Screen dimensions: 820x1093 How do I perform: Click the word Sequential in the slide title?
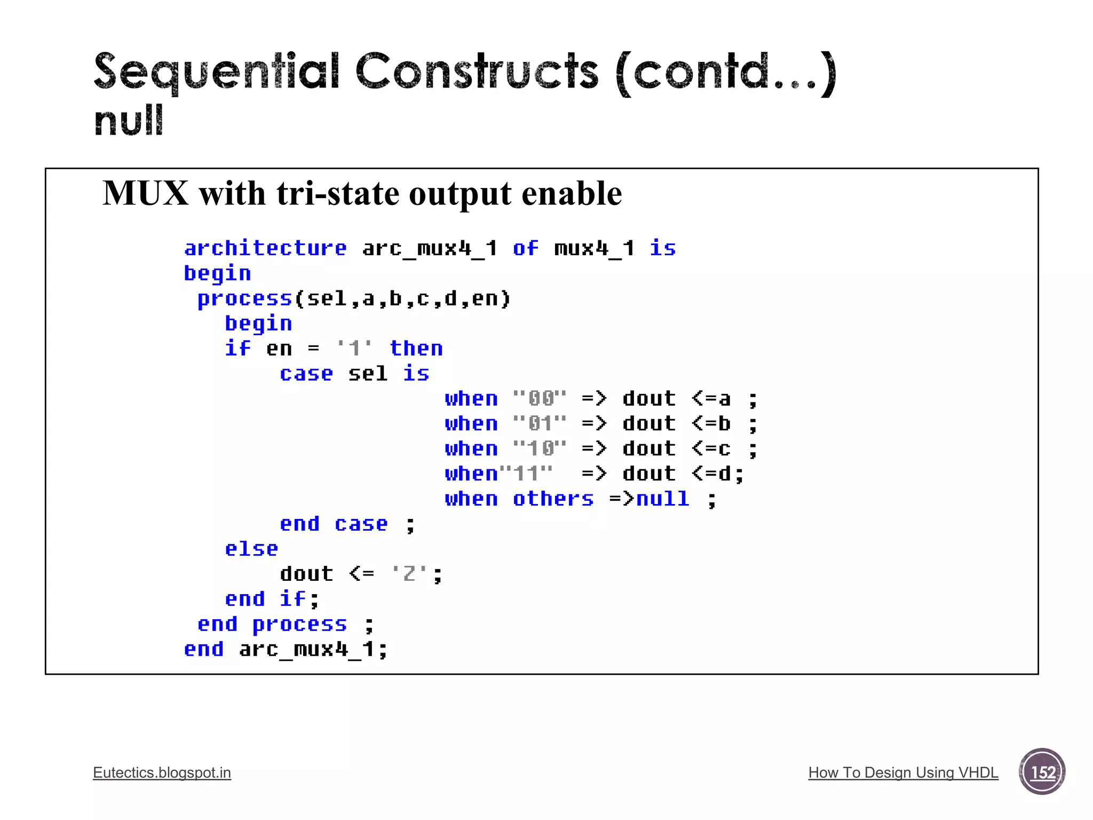point(216,72)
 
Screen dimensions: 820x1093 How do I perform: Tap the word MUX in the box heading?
point(146,193)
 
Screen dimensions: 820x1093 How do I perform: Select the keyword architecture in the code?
point(265,248)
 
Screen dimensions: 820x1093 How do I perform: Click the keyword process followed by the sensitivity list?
point(244,298)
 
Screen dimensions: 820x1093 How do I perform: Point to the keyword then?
point(416,349)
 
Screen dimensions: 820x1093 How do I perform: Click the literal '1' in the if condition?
point(354,349)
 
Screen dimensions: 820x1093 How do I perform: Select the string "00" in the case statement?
point(539,399)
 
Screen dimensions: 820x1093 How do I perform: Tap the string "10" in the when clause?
point(539,448)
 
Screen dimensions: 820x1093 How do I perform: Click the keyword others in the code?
point(553,499)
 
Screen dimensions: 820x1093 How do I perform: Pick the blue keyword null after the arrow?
point(662,499)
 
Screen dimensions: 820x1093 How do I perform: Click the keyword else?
point(251,549)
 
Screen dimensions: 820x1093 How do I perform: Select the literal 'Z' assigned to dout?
point(409,574)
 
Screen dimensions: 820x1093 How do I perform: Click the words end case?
point(334,524)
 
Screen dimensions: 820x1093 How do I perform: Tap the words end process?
point(272,624)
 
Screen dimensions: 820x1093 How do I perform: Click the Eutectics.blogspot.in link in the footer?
point(162,772)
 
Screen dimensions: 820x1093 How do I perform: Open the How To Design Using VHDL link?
point(903,772)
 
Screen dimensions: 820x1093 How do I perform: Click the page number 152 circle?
point(1042,772)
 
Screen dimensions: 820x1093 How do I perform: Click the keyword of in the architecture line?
point(525,248)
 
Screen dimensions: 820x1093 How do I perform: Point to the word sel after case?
point(368,374)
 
